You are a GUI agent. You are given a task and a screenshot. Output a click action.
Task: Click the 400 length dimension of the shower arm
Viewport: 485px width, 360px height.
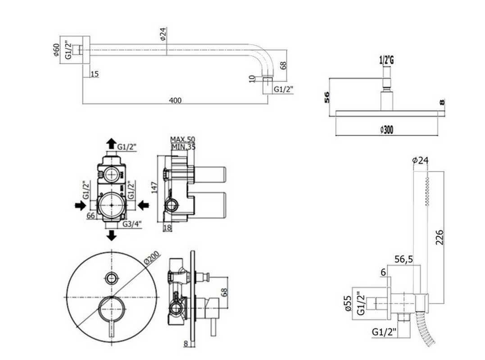pyautogui.click(x=175, y=100)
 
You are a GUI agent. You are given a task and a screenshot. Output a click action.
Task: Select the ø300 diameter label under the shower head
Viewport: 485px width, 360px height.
pyautogui.click(x=387, y=130)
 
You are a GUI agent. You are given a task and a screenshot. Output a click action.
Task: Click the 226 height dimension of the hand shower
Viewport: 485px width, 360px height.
pyautogui.click(x=439, y=237)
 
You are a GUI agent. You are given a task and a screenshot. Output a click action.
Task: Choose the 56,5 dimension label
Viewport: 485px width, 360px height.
pyautogui.click(x=403, y=259)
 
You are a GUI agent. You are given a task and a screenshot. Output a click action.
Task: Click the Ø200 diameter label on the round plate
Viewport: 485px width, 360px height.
pyautogui.click(x=152, y=258)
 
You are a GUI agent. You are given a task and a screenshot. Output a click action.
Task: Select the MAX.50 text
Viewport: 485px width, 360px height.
pyautogui.click(x=182, y=139)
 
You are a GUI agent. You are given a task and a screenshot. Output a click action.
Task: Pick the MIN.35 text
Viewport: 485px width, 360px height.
pyautogui.click(x=183, y=147)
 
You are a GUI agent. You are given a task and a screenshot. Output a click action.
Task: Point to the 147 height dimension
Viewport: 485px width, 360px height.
pyautogui.click(x=155, y=187)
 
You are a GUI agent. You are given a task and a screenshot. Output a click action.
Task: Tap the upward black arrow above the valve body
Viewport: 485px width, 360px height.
pyautogui.click(x=111, y=144)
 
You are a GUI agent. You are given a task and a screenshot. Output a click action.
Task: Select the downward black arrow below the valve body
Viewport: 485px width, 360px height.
pyautogui.click(x=111, y=235)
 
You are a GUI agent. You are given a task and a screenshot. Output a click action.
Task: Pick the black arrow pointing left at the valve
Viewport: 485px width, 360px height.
pyautogui.click(x=143, y=205)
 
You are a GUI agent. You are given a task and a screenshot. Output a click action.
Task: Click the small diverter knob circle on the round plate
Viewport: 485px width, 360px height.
pyautogui.click(x=111, y=278)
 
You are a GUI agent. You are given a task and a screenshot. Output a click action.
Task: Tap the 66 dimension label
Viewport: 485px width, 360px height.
pyautogui.click(x=91, y=216)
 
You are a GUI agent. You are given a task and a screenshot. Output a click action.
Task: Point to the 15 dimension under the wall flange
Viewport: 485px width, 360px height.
pyautogui.click(x=95, y=74)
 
